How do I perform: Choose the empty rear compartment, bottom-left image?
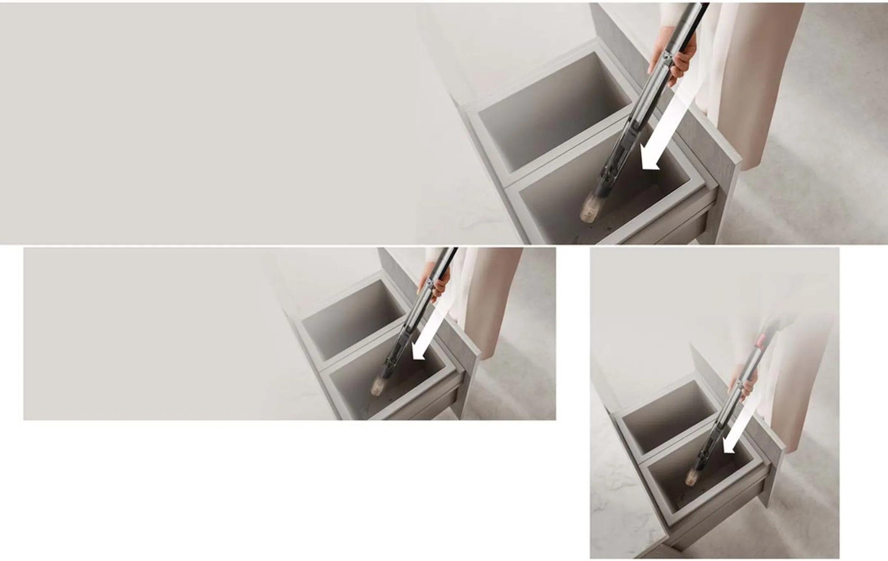[354, 316]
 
